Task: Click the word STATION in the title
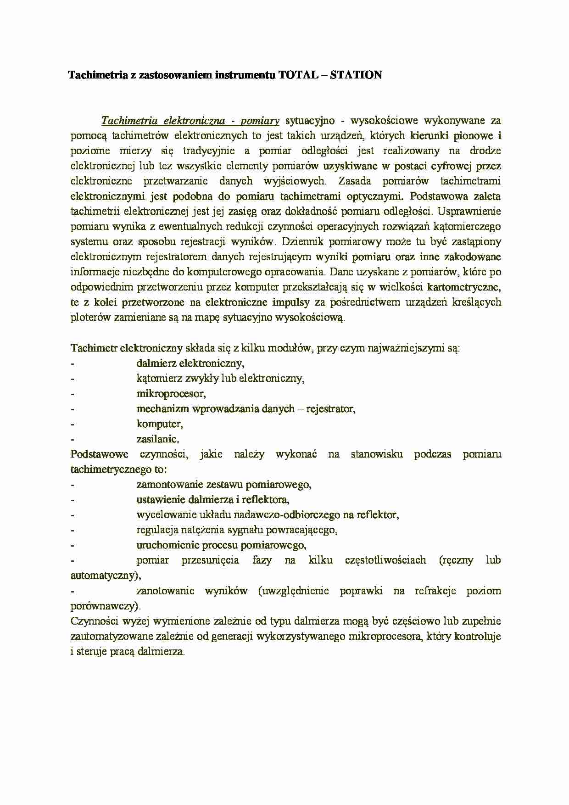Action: tap(356, 75)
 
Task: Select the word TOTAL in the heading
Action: tap(298, 75)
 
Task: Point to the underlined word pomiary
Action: tap(260, 121)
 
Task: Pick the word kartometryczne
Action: tap(464, 287)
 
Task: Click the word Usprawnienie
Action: tap(469, 211)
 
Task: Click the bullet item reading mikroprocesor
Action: tap(171, 393)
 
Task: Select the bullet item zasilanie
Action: tap(158, 438)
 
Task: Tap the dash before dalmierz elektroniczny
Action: tap(73, 363)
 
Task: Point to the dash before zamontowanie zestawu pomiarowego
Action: tap(73, 485)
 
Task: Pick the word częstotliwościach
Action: tap(385, 560)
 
